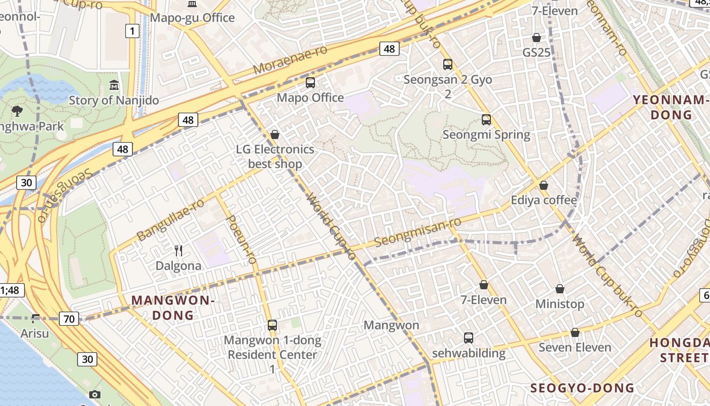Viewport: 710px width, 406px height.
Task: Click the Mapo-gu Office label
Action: pyautogui.click(x=192, y=18)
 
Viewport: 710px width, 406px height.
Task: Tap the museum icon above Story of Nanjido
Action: pyautogui.click(x=114, y=85)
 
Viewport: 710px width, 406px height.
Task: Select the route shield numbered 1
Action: pyautogui.click(x=132, y=31)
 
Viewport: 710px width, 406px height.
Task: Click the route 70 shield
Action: pyautogui.click(x=69, y=319)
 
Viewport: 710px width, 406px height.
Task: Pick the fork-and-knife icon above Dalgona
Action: pyautogui.click(x=179, y=250)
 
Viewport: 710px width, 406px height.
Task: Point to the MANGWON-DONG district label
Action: pyautogui.click(x=173, y=308)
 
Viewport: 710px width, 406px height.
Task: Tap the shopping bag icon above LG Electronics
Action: pyautogui.click(x=275, y=134)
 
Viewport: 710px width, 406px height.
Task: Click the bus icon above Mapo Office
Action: pyautogui.click(x=310, y=82)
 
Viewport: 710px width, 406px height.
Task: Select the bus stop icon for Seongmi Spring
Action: pyautogui.click(x=486, y=120)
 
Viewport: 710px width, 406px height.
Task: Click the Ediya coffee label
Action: pyautogui.click(x=544, y=200)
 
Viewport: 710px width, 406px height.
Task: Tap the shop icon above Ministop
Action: pyautogui.click(x=560, y=289)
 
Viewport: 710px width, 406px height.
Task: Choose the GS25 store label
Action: pyautogui.click(x=536, y=52)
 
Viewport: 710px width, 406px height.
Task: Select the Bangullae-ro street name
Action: pyautogui.click(x=170, y=219)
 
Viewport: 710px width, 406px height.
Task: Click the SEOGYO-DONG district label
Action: pyautogui.click(x=582, y=388)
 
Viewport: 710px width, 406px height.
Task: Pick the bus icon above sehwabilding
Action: pyautogui.click(x=469, y=337)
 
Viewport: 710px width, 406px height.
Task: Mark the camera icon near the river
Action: pyautogui.click(x=94, y=394)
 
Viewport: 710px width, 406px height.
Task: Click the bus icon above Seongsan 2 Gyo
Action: pyautogui.click(x=448, y=64)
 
